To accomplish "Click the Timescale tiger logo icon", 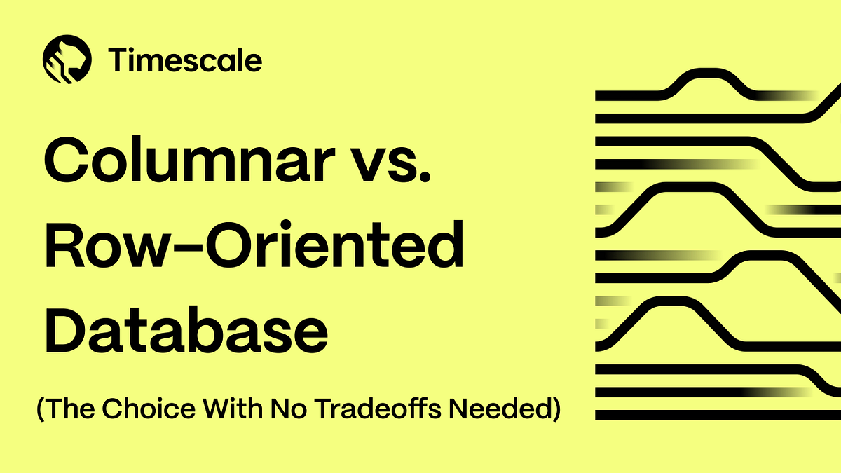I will tap(67, 61).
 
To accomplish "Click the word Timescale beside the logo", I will tap(186, 62).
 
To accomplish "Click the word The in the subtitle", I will tap(71, 409).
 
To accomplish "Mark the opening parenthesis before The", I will tap(41, 409).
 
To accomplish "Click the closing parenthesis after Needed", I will tap(555, 409).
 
